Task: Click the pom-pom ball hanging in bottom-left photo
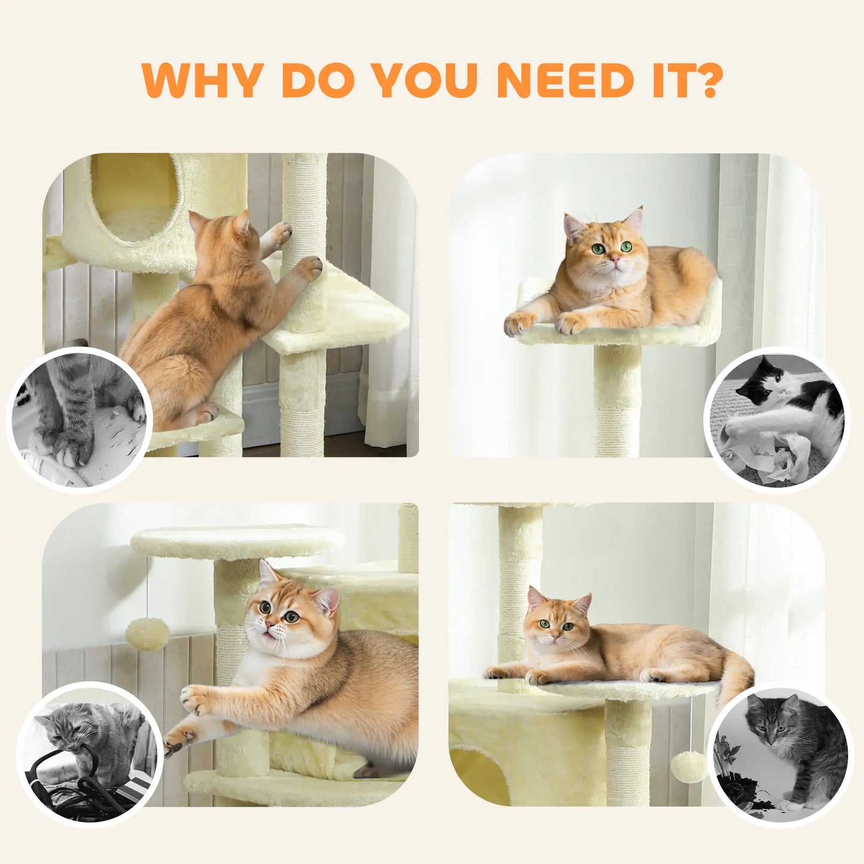click(147, 634)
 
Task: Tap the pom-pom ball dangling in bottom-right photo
click(689, 767)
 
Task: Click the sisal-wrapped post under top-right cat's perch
click(617, 401)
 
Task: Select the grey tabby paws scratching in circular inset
click(72, 431)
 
